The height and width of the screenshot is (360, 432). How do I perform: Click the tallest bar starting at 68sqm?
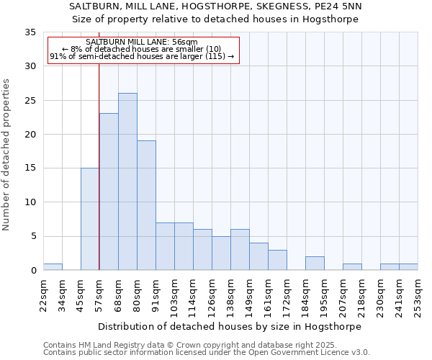127,181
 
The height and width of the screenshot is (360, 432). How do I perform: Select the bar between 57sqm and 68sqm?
109,192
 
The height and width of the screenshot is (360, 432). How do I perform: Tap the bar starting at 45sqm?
90,219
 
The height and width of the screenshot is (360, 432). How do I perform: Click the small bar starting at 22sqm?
53,267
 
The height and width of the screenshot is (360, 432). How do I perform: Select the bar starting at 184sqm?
315,264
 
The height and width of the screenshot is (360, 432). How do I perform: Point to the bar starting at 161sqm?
277,260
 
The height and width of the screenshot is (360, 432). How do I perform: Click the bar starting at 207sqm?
352,267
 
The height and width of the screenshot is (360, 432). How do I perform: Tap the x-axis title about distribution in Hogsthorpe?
230,326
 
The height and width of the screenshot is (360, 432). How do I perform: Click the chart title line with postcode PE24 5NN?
216,6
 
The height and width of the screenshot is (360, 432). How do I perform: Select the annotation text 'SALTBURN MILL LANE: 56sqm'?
142,42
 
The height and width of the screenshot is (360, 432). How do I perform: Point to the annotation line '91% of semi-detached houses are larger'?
142,56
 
